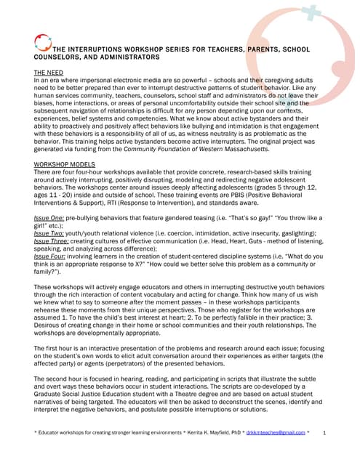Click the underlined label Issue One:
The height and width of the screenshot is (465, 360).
pos(49,218)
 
